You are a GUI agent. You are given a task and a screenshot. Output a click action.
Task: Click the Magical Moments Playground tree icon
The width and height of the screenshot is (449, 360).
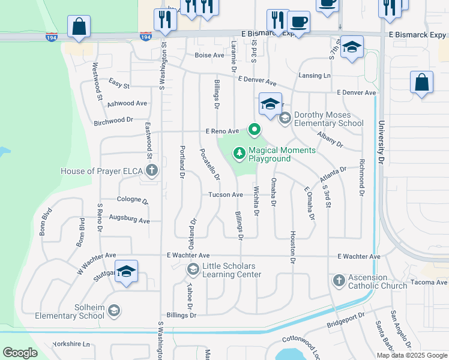pyautogui.click(x=240, y=154)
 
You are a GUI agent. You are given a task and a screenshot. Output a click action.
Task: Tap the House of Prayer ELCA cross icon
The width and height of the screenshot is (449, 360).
pyautogui.click(x=152, y=171)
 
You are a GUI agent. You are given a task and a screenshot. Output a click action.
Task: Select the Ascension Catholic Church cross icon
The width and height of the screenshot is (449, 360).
pyautogui.click(x=339, y=280)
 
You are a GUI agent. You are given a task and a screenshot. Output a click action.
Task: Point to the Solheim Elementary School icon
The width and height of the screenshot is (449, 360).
pyautogui.click(x=114, y=311)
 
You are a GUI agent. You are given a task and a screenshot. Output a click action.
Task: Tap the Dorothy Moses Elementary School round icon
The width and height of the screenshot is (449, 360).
pyautogui.click(x=285, y=118)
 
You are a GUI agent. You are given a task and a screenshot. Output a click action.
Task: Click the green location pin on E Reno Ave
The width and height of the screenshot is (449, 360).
pyautogui.click(x=255, y=129)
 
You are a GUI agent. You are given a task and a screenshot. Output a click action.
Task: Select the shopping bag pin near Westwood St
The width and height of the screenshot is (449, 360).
pyautogui.click(x=79, y=26)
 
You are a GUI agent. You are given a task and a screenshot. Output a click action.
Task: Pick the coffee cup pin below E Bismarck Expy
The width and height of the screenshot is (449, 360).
pyautogui.click(x=299, y=22)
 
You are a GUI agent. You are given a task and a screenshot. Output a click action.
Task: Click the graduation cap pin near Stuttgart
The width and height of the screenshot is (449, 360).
pyautogui.click(x=127, y=272)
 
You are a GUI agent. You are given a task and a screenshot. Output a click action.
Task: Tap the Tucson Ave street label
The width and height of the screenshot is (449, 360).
pyautogui.click(x=226, y=194)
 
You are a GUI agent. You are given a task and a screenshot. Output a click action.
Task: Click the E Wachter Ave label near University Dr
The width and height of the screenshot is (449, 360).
pyautogui.click(x=359, y=257)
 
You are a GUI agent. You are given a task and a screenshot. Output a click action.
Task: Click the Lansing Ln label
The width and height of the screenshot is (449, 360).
pyautogui.click(x=315, y=76)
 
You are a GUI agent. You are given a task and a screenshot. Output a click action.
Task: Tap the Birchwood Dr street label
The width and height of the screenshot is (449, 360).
pyautogui.click(x=113, y=121)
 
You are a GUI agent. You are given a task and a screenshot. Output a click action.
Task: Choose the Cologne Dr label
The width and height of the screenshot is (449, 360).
pyautogui.click(x=133, y=200)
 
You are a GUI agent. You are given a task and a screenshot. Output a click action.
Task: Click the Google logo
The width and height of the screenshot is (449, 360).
pyautogui.click(x=20, y=353)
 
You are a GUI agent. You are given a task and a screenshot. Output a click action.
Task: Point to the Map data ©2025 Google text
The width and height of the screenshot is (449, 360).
pyautogui.click(x=411, y=355)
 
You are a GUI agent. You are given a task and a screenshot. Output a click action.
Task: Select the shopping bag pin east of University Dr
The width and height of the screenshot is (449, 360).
pyautogui.click(x=422, y=83)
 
